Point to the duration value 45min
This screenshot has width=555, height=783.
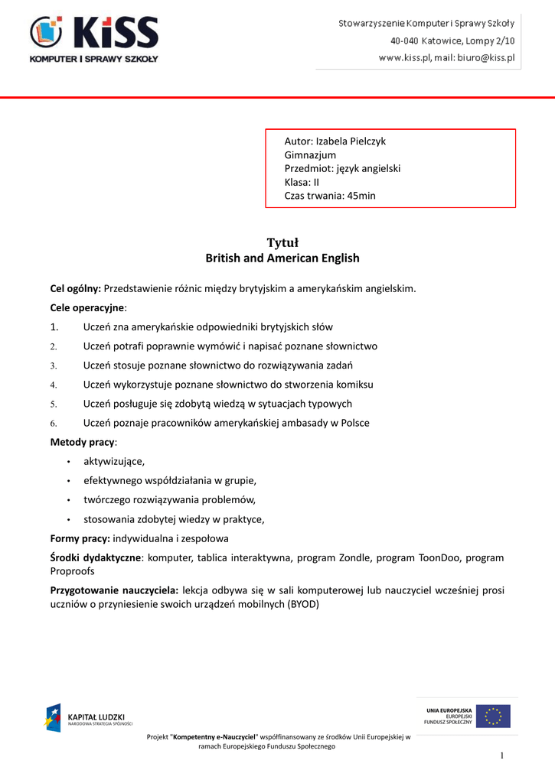click(361, 196)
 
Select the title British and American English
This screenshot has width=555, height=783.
click(282, 258)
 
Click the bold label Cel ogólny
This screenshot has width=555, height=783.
click(76, 288)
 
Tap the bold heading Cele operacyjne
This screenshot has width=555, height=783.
click(87, 307)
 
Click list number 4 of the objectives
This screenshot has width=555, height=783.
click(54, 385)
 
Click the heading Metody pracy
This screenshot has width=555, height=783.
click(83, 442)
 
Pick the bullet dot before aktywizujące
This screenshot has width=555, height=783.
click(68, 462)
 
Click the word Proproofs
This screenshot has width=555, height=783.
click(74, 570)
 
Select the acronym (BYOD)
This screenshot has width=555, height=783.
click(302, 603)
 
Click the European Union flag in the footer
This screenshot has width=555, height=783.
click(494, 716)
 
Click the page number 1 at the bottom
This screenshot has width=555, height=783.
click(502, 756)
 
